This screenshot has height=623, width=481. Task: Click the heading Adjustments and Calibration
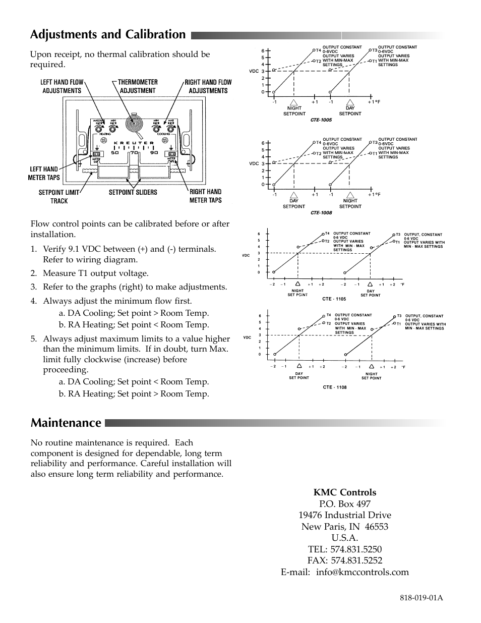[x=108, y=34]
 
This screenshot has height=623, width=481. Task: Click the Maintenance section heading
[x=66, y=422]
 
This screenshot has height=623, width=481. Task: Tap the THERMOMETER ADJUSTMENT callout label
[x=138, y=86]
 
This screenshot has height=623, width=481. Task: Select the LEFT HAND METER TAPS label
[x=44, y=173]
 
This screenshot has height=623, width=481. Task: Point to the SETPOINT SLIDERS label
[x=133, y=192]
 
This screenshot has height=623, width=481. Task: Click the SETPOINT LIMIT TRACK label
[x=59, y=196]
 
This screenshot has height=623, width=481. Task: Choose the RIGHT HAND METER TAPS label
[x=205, y=196]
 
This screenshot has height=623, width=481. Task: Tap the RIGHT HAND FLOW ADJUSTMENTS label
[x=208, y=86]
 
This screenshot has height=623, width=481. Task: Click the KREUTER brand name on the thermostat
[x=134, y=143]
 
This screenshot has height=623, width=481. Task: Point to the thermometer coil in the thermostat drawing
[x=134, y=124]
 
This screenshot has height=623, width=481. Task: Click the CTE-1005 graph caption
[x=321, y=120]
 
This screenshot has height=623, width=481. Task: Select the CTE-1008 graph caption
[x=321, y=213]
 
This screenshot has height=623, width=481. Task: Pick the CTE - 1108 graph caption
[x=335, y=387]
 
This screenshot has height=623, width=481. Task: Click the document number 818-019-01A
[x=421, y=598]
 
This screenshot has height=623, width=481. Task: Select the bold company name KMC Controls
[x=345, y=492]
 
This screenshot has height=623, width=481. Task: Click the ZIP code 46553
[x=377, y=527]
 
